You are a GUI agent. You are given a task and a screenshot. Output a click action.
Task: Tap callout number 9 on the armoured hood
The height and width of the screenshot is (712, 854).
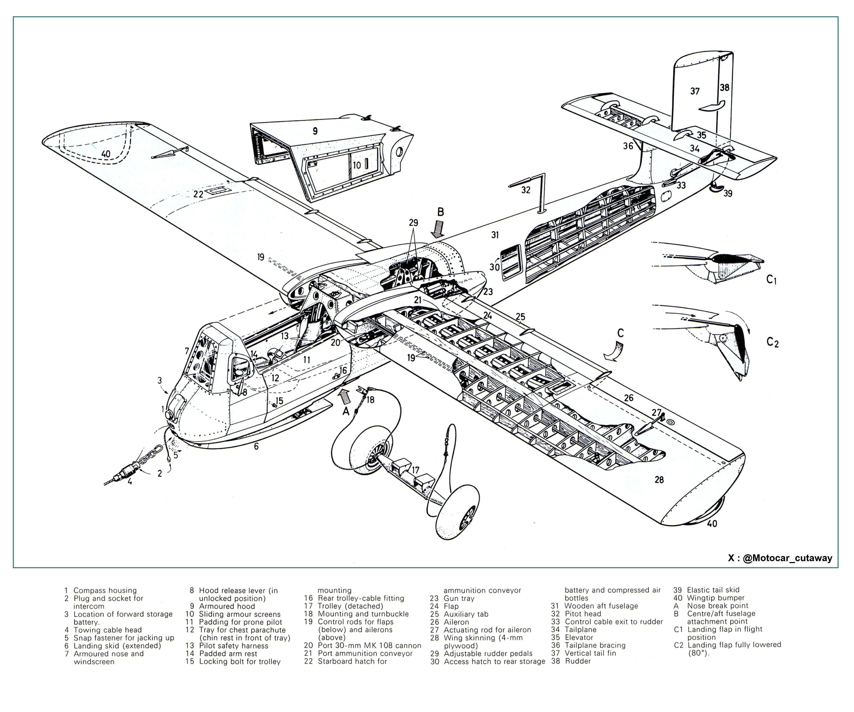315,131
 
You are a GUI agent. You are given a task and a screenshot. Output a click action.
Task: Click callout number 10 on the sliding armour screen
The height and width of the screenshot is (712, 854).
357,165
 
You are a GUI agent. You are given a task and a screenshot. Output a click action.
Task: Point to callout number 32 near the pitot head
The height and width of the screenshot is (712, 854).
526,190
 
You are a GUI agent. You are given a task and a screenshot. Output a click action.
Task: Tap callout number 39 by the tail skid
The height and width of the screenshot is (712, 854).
728,194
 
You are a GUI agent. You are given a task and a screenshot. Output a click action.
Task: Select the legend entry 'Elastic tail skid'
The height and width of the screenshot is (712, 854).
713,590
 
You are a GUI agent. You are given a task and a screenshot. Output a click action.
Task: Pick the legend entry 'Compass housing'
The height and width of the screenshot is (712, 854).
105,590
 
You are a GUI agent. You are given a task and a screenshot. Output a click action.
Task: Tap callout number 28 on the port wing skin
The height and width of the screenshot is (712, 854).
659,480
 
